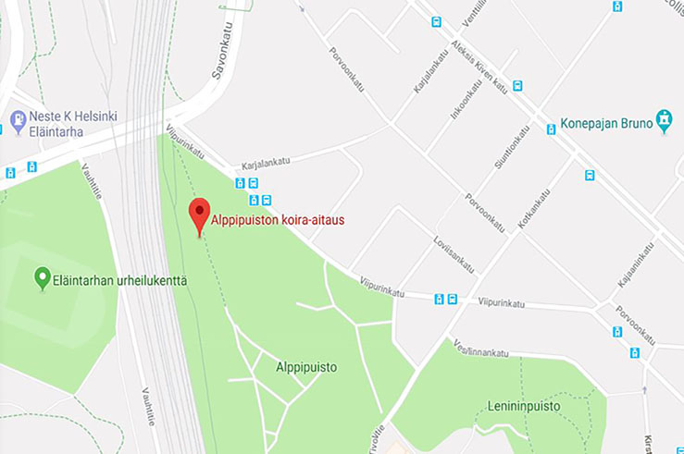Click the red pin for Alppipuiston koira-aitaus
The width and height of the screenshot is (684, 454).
[x=199, y=215]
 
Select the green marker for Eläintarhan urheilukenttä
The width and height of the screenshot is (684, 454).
[x=42, y=276]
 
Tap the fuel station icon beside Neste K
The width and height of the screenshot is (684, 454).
[x=18, y=120]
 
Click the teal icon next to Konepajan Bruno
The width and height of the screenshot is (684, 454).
[x=663, y=120]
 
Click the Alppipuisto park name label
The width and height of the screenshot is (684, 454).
[x=305, y=367]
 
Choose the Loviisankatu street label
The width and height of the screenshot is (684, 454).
[x=453, y=253]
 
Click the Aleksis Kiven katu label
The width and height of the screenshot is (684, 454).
[x=479, y=67]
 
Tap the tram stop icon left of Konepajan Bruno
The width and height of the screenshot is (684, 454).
[x=551, y=129]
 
